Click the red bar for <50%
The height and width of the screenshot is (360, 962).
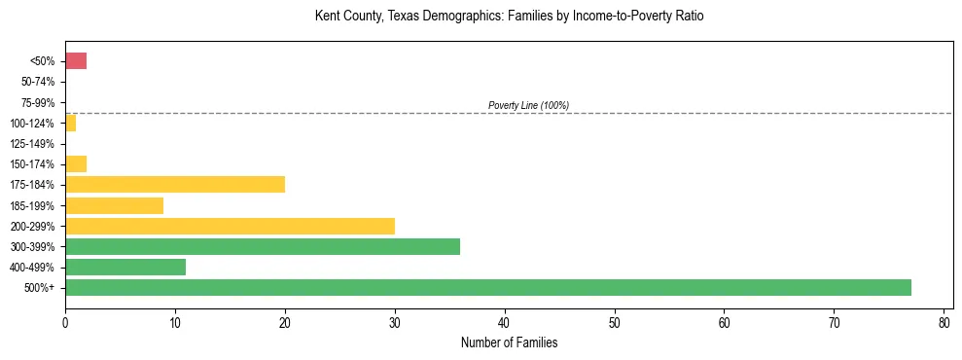pyautogui.click(x=76, y=61)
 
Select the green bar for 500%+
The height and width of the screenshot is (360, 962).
pyautogui.click(x=487, y=287)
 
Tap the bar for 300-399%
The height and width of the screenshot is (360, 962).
pyautogui.click(x=263, y=246)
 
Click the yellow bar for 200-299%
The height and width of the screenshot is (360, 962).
pyautogui.click(x=230, y=226)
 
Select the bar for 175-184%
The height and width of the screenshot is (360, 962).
pyautogui.click(x=175, y=185)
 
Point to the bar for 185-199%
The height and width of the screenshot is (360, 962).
pyautogui.click(x=114, y=205)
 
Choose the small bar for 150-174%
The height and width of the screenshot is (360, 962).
pyautogui.click(x=76, y=164)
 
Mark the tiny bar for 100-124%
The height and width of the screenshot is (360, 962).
pyautogui.click(x=70, y=124)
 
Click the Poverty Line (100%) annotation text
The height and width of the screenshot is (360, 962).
pyautogui.click(x=528, y=105)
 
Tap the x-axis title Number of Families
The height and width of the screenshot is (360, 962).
pyautogui.click(x=509, y=342)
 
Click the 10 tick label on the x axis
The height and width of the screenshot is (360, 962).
pyautogui.click(x=175, y=321)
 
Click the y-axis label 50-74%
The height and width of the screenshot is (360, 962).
pyautogui.click(x=39, y=82)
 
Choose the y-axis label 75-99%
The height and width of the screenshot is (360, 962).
pyautogui.click(x=39, y=103)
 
